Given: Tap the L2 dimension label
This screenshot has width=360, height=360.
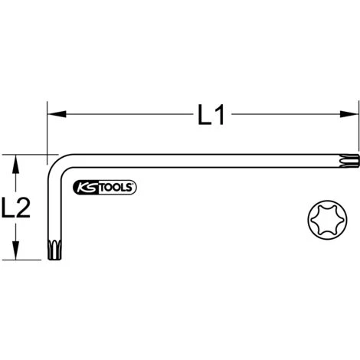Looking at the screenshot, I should pyautogui.click(x=15, y=208).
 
